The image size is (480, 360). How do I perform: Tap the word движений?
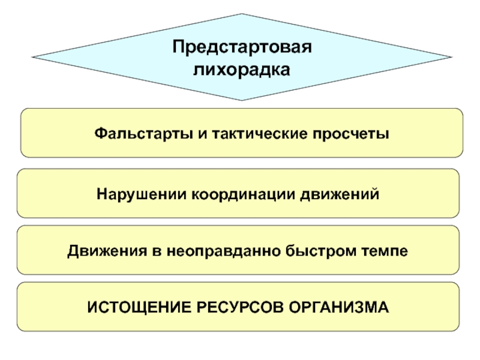(x=340, y=195)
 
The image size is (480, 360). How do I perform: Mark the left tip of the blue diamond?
(x=34, y=58)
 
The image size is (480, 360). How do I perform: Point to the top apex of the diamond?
(x=242, y=14)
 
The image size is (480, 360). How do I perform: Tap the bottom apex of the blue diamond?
(x=242, y=100)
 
